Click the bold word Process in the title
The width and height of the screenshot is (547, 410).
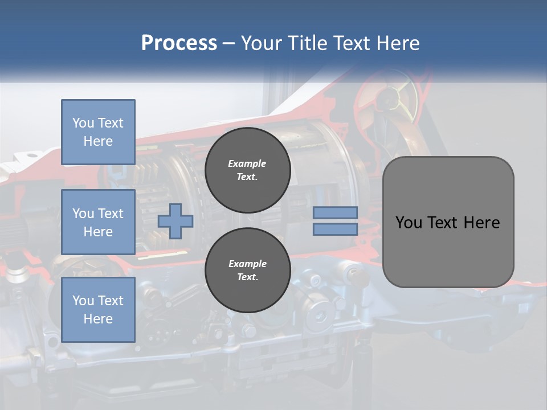(x=179, y=43)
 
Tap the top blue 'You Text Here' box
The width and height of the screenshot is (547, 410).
(x=99, y=132)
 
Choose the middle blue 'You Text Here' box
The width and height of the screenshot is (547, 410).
(x=99, y=222)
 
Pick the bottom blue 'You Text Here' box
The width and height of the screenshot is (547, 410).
(x=99, y=310)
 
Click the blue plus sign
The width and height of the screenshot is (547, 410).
(x=175, y=221)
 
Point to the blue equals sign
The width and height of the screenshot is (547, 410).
(x=335, y=221)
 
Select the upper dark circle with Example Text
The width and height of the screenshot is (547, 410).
(x=248, y=170)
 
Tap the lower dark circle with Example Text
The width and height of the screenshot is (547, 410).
(x=248, y=270)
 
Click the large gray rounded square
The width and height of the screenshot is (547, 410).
(x=448, y=222)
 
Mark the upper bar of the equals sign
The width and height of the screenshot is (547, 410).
(x=335, y=212)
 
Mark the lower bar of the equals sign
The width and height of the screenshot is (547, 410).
(x=335, y=229)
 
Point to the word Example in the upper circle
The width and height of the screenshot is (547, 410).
(x=247, y=163)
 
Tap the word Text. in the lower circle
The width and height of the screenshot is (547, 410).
(x=248, y=277)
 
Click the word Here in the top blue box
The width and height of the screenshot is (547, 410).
(x=98, y=141)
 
